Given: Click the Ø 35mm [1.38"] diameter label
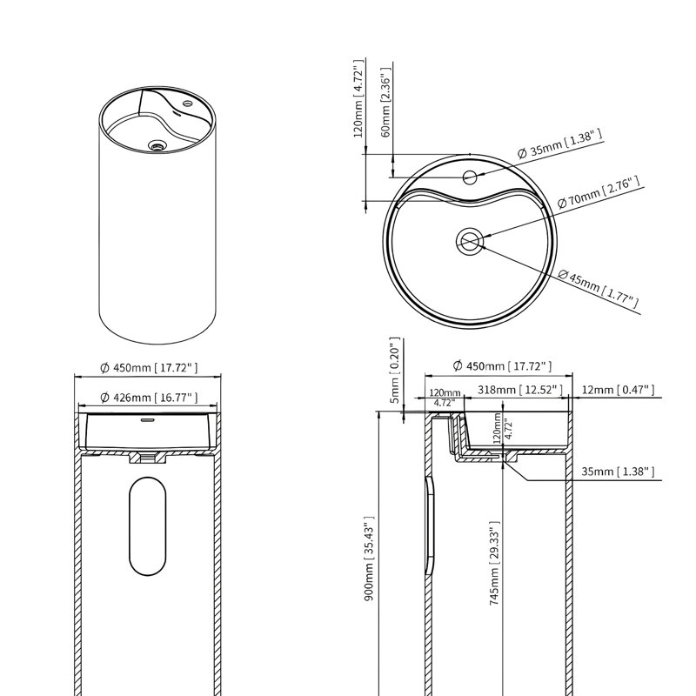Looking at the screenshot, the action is pyautogui.click(x=560, y=144).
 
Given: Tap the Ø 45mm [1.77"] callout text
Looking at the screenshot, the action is pyautogui.click(x=598, y=289).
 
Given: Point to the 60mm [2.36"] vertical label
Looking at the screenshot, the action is pyautogui.click(x=385, y=102).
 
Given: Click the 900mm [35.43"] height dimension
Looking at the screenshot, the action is pyautogui.click(x=369, y=559).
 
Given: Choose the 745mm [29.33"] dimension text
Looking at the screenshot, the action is pyautogui.click(x=494, y=563).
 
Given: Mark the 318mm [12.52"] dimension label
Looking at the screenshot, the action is pyautogui.click(x=519, y=390).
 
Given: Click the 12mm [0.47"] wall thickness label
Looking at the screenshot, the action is pyautogui.click(x=618, y=390).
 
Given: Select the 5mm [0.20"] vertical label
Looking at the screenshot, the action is pyautogui.click(x=395, y=371).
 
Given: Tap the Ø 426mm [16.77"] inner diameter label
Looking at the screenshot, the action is pyautogui.click(x=149, y=398).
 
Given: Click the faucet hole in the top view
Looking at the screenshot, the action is pyautogui.click(x=470, y=177).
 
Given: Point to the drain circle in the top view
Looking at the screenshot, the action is pyautogui.click(x=470, y=242).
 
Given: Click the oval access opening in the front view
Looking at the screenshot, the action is pyautogui.click(x=147, y=526).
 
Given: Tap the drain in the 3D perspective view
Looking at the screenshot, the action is pyautogui.click(x=157, y=145).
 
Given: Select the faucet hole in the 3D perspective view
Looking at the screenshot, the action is pyautogui.click(x=188, y=104).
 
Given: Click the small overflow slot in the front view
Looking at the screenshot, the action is pyautogui.click(x=147, y=419).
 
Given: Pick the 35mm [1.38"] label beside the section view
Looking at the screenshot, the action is pyautogui.click(x=618, y=472).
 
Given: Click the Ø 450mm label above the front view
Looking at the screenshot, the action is pyautogui.click(x=149, y=367).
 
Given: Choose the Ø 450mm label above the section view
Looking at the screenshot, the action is pyautogui.click(x=502, y=366).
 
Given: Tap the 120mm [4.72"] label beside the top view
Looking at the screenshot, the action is pyautogui.click(x=359, y=98).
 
